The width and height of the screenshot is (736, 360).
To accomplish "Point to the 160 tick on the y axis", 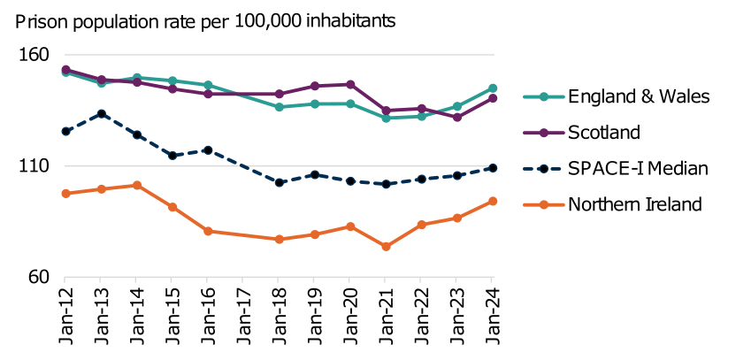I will [33, 55].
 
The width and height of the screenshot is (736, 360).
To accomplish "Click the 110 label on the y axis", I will [33, 166].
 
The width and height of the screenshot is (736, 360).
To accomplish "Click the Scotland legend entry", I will [603, 133].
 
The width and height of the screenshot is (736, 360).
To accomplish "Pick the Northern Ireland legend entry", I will [634, 204].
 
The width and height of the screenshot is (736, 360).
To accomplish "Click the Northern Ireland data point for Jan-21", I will [386, 247].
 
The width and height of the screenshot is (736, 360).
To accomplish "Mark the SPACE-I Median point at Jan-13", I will [102, 114].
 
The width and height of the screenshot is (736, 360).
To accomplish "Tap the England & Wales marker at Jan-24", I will [492, 88].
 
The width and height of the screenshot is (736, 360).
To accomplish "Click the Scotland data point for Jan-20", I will [350, 84].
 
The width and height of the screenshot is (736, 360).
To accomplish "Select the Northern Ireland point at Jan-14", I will [137, 185].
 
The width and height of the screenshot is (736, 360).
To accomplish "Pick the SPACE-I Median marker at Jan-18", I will [280, 183].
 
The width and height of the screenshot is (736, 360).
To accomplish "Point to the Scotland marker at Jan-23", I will [456, 118].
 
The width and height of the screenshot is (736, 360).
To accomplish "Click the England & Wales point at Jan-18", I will [280, 107].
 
